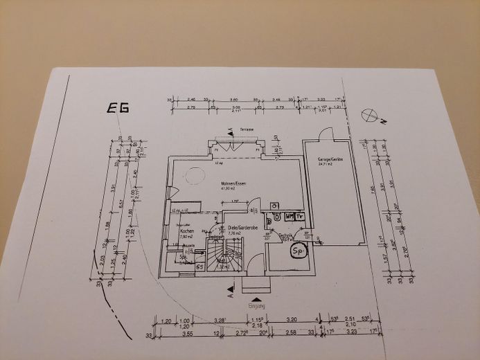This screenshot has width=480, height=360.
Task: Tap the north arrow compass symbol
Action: pyautogui.click(x=368, y=114)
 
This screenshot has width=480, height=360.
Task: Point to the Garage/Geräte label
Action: pyautogui.click(x=326, y=159)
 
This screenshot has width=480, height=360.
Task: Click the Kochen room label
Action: pyautogui.click(x=186, y=231)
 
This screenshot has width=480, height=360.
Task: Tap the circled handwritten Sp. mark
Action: pyautogui.click(x=299, y=250)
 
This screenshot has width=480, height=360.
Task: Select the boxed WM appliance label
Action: pyautogui.click(x=290, y=217)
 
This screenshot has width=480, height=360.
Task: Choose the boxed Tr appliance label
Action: pyautogui.click(x=300, y=217)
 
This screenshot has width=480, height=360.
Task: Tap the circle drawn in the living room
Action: pyautogui.click(x=192, y=177)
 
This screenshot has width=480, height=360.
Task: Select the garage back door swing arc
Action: pyautogui.click(x=326, y=133)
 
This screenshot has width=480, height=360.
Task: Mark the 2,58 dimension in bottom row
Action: pyautogui.click(x=291, y=333)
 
